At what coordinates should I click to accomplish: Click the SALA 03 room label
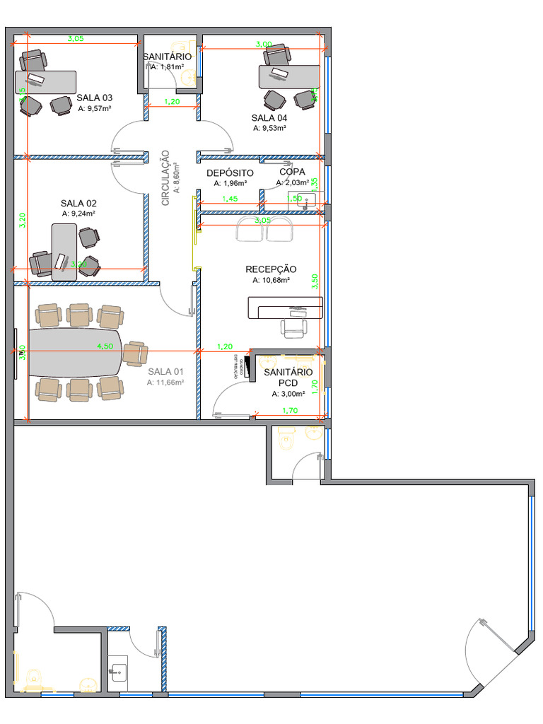tap(94, 98)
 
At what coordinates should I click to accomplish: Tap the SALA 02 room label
tap(78, 203)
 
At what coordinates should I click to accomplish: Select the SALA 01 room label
tap(165, 372)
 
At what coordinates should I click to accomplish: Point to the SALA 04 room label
tap(269, 117)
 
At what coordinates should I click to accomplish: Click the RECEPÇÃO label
tap(271, 269)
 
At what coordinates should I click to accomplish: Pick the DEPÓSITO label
tap(230, 173)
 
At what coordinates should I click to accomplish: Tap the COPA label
tap(292, 172)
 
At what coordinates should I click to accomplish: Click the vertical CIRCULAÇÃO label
tap(166, 177)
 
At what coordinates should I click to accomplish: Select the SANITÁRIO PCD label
tap(288, 378)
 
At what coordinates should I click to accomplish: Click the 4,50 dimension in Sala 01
tap(105, 346)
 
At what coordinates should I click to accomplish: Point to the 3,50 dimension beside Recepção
tap(315, 281)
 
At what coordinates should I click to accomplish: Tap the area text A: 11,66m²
tap(165, 383)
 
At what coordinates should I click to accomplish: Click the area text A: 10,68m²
tap(271, 280)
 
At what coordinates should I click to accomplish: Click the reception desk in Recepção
tap(285, 308)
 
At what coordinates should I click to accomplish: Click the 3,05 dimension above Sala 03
tap(76, 39)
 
